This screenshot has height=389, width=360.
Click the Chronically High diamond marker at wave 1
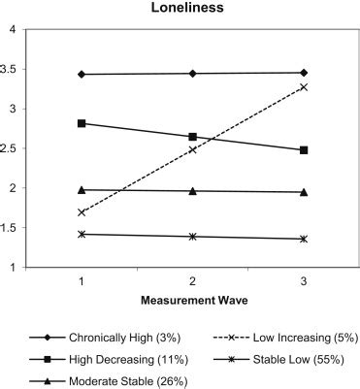click(x=82, y=75)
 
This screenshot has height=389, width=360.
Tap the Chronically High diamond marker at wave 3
click(x=304, y=73)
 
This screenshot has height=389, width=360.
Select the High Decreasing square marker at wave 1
click(x=82, y=123)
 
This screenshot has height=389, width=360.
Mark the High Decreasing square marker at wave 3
click(x=304, y=150)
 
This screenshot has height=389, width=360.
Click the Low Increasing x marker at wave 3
click(x=304, y=87)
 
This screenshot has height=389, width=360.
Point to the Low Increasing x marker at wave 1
click(x=82, y=212)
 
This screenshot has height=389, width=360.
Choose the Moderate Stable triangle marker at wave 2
click(x=192, y=191)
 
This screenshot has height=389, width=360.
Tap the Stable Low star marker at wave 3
click(x=304, y=239)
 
